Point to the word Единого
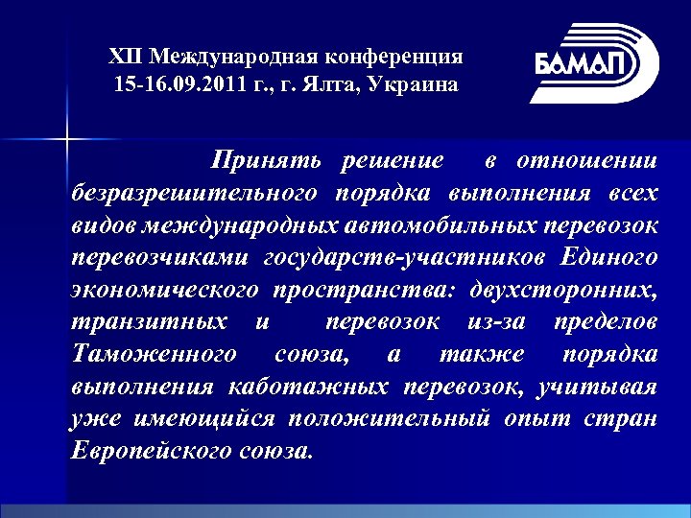coord(611,257)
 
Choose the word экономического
coord(163,290)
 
